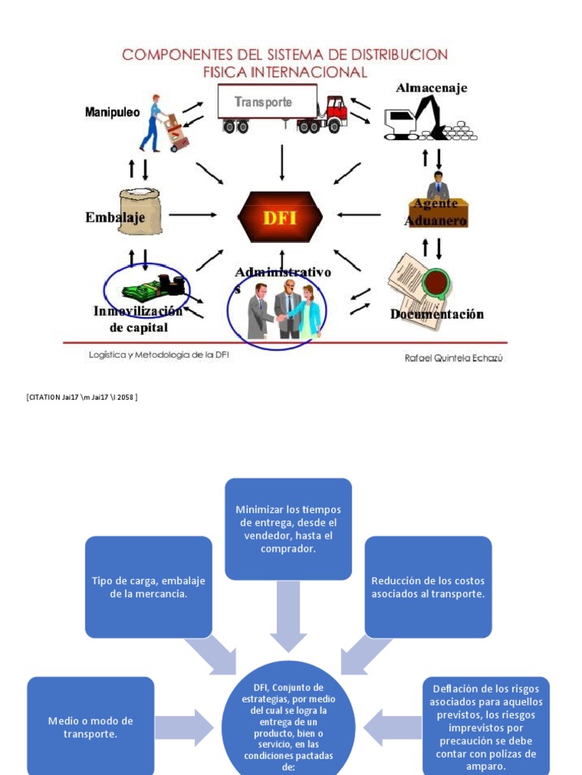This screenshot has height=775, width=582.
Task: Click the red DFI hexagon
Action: click(x=280, y=217)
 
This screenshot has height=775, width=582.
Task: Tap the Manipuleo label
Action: click(x=112, y=113)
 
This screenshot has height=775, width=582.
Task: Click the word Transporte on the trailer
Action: click(x=263, y=102)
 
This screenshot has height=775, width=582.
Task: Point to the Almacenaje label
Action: click(x=431, y=88)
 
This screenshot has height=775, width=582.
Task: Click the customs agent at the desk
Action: click(x=437, y=187)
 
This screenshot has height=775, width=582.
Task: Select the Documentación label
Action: click(x=436, y=314)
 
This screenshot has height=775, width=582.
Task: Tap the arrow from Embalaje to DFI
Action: click(x=192, y=215)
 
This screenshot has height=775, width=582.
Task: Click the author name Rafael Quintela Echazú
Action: click(x=453, y=358)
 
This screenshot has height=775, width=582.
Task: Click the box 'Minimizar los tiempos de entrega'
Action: click(x=288, y=528)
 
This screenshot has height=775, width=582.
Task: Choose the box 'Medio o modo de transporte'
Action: click(x=90, y=727)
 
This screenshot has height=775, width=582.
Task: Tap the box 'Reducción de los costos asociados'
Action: click(x=427, y=587)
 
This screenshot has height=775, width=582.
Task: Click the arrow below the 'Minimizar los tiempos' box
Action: click(x=288, y=616)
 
